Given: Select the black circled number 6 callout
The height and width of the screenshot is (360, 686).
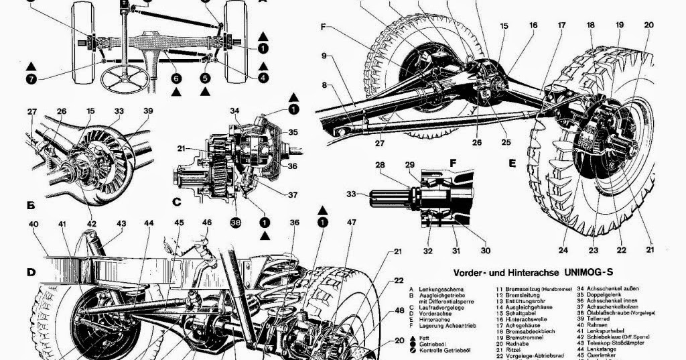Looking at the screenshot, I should tap(176, 78).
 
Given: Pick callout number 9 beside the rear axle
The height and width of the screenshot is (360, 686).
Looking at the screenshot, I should tap(324, 56).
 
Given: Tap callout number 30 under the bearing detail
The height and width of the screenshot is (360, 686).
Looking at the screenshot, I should tap(485, 251).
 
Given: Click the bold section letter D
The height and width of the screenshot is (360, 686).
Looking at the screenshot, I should tap(31, 272).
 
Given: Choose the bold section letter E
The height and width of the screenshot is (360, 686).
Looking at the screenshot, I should tap(512, 164).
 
